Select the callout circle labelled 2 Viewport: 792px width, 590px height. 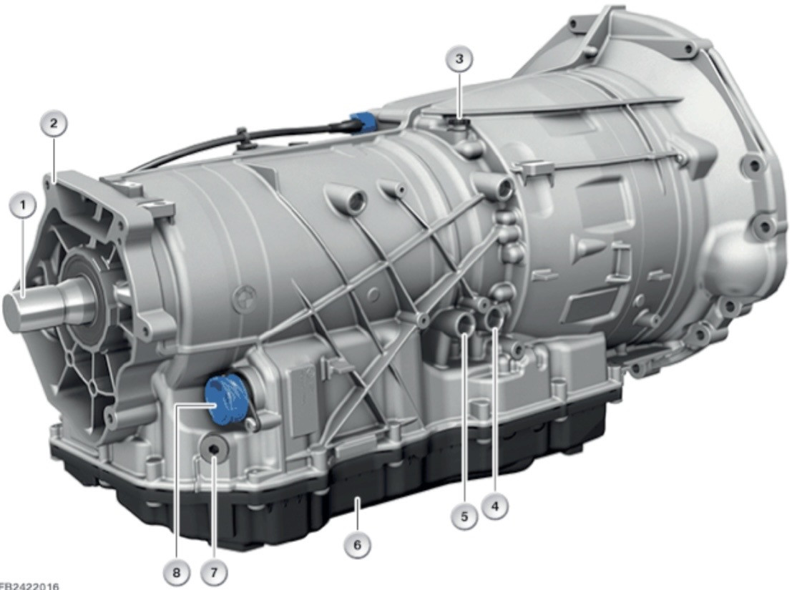pyautogui.click(x=54, y=123)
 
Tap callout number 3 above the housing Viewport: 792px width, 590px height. pyautogui.click(x=459, y=59)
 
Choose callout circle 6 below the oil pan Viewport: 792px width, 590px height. pyautogui.click(x=358, y=545)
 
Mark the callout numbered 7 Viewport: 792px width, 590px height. pyautogui.click(x=213, y=572)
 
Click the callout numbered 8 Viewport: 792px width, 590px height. pyautogui.click(x=176, y=572)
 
